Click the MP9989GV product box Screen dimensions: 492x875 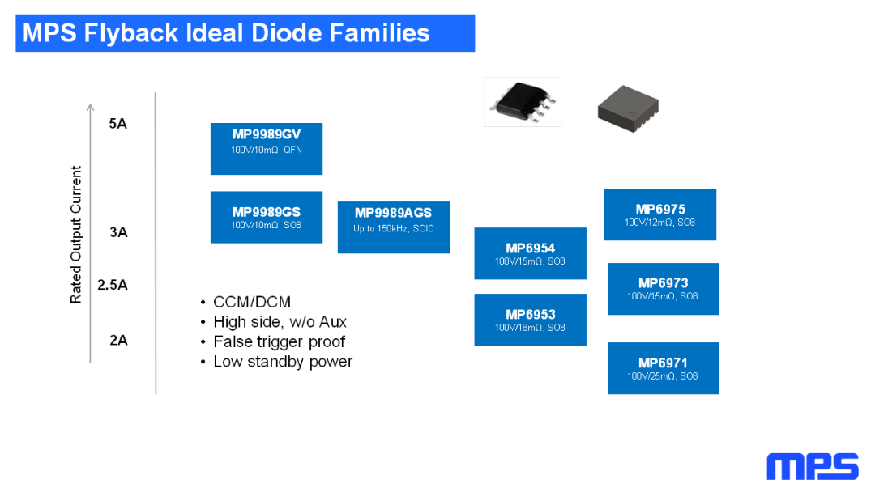[x=266, y=148]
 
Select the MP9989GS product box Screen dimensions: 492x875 [x=266, y=217]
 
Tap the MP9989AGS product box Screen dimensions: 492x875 [x=393, y=227]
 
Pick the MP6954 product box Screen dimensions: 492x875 [x=530, y=253]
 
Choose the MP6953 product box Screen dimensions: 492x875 [x=530, y=320]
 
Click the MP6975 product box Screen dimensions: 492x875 [x=659, y=214]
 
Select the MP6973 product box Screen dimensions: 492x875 [x=663, y=289]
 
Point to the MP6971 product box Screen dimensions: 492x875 [x=663, y=368]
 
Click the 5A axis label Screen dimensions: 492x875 [x=118, y=124]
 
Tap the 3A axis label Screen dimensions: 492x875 [x=118, y=232]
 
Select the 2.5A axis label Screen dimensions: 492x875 [x=113, y=285]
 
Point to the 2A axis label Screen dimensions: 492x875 [x=118, y=340]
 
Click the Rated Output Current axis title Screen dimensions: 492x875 [x=76, y=235]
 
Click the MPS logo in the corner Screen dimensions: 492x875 [x=812, y=467]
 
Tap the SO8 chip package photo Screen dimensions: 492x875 [x=522, y=101]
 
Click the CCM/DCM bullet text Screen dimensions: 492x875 [x=251, y=302]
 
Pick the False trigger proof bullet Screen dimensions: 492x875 [x=279, y=341]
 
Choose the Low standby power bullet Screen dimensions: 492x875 [x=283, y=362]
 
